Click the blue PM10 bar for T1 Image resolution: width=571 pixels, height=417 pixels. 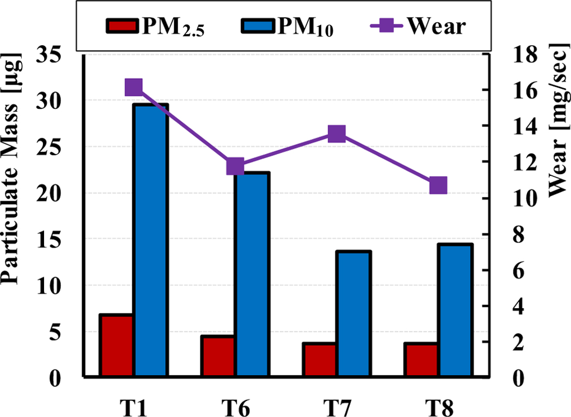point(151,240)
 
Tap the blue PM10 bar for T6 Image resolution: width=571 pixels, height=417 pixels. point(252,274)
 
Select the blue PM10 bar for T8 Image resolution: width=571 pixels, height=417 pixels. point(455,310)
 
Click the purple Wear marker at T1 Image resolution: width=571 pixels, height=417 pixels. point(134,88)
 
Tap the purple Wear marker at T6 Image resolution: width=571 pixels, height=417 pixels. point(235,167)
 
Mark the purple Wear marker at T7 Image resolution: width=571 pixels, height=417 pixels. point(337,134)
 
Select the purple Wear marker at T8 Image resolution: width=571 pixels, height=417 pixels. point(438,185)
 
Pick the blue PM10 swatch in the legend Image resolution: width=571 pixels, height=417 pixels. point(259,26)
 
